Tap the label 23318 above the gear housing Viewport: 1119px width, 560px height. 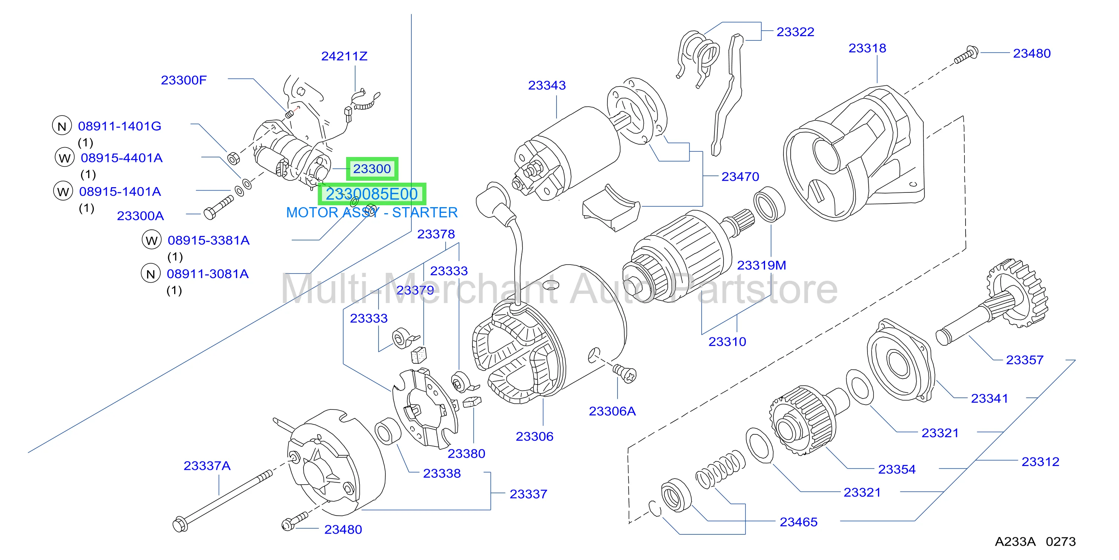[867, 48]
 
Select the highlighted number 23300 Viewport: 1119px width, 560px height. [372, 169]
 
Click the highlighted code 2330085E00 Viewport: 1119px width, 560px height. [372, 194]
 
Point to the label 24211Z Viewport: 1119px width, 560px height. [344, 56]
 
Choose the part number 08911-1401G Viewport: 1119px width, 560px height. [120, 126]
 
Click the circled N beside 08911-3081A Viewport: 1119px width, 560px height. [151, 274]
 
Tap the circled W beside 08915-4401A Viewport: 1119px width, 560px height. [65, 158]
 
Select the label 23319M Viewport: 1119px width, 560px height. [762, 265]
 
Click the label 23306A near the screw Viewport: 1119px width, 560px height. [612, 411]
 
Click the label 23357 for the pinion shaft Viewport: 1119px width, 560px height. [1024, 360]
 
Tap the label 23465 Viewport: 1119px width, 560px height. [799, 522]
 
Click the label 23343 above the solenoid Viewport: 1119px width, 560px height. [547, 85]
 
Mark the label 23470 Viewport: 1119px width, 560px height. [740, 177]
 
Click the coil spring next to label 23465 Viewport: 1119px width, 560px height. [720, 469]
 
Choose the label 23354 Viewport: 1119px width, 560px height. [897, 469]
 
